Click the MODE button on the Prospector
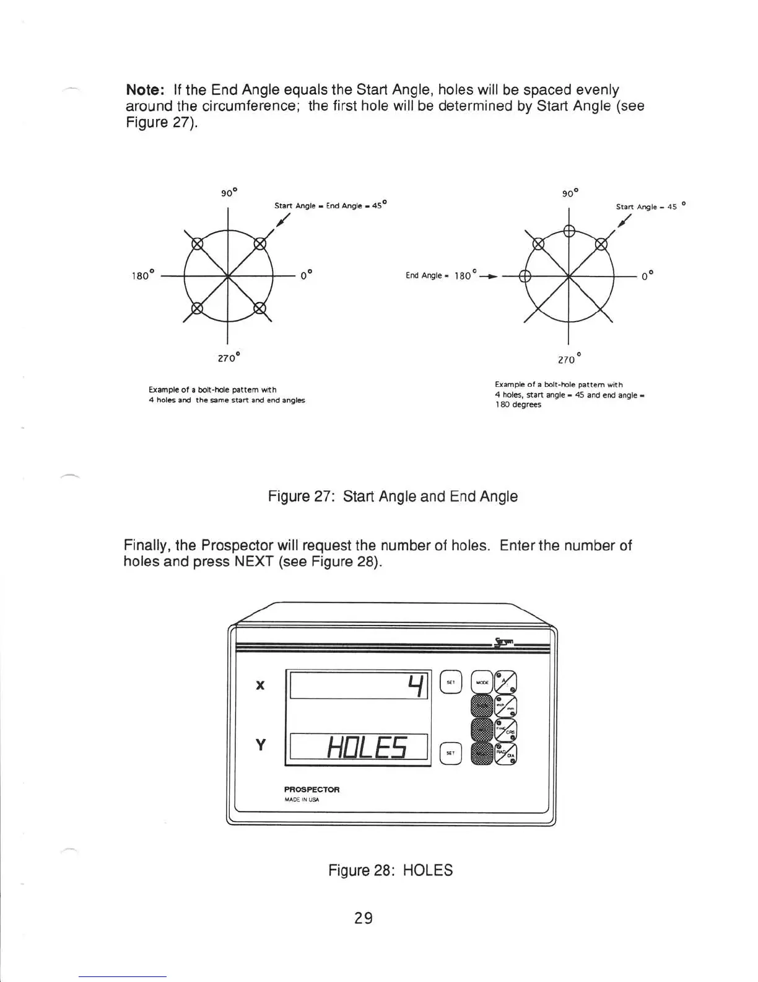(x=482, y=683)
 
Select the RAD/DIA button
(x=505, y=753)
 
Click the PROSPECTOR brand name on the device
(x=311, y=790)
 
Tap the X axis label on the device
(x=261, y=684)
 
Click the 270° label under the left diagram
(x=229, y=358)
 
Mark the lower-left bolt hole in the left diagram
(x=196, y=307)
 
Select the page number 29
(x=364, y=918)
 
